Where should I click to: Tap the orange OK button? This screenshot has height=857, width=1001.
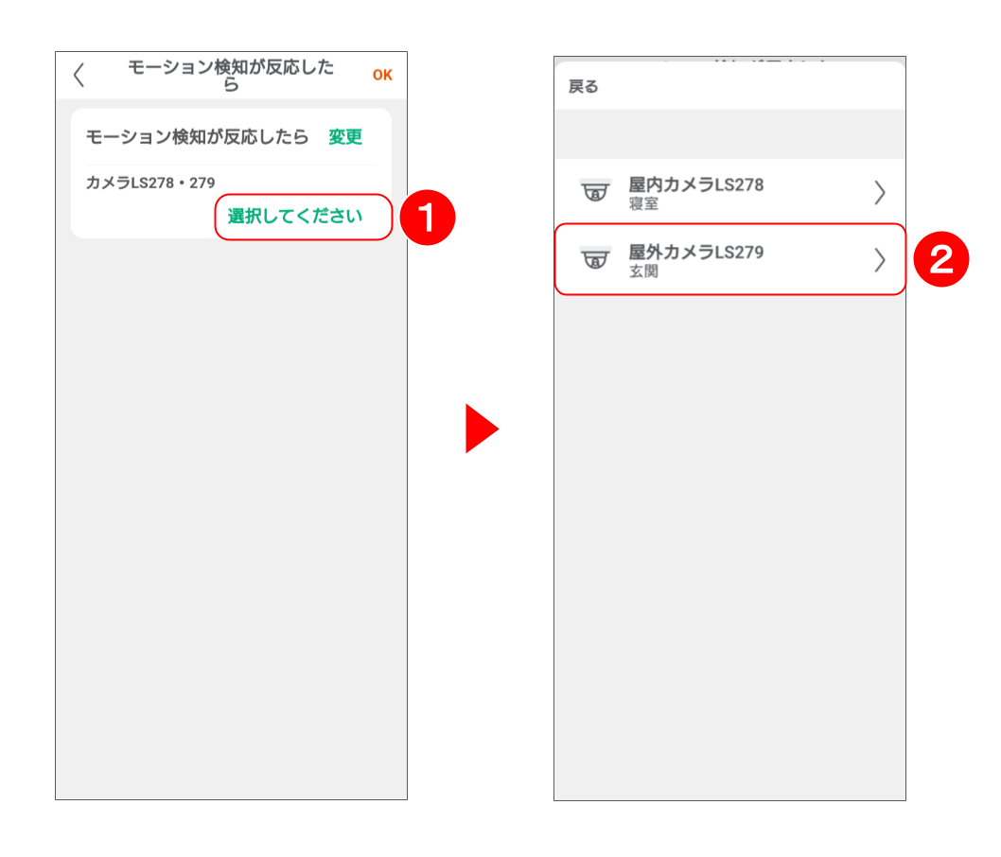pyautogui.click(x=382, y=76)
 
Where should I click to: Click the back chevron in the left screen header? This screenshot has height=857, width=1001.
pyautogui.click(x=79, y=75)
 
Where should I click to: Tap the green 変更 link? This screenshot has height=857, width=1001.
pyautogui.click(x=345, y=136)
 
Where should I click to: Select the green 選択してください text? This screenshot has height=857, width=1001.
pyautogui.click(x=295, y=217)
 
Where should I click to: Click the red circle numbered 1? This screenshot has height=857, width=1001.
pyautogui.click(x=427, y=218)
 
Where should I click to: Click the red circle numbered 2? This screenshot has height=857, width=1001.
pyautogui.click(x=941, y=259)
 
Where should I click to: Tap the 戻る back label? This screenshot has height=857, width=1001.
pyautogui.click(x=584, y=87)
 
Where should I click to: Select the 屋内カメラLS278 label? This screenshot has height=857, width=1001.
pyautogui.click(x=695, y=184)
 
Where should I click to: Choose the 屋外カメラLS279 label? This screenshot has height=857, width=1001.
pyautogui.click(x=695, y=252)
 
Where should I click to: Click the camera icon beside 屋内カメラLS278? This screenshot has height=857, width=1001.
pyautogui.click(x=595, y=190)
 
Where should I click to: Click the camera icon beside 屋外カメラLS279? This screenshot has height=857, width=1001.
pyautogui.click(x=595, y=258)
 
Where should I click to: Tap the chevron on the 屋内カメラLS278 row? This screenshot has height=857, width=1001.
pyautogui.click(x=880, y=192)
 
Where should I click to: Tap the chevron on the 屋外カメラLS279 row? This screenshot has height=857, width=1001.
pyautogui.click(x=880, y=260)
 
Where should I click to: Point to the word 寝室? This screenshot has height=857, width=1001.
pyautogui.click(x=643, y=203)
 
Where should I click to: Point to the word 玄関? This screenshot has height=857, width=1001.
pyautogui.click(x=643, y=271)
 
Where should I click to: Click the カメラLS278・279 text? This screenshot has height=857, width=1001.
pyautogui.click(x=150, y=184)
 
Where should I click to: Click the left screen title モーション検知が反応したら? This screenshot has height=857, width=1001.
pyautogui.click(x=231, y=76)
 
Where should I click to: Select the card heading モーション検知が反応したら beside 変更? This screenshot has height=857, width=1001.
pyautogui.click(x=197, y=136)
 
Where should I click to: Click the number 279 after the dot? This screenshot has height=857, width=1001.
pyautogui.click(x=202, y=184)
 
